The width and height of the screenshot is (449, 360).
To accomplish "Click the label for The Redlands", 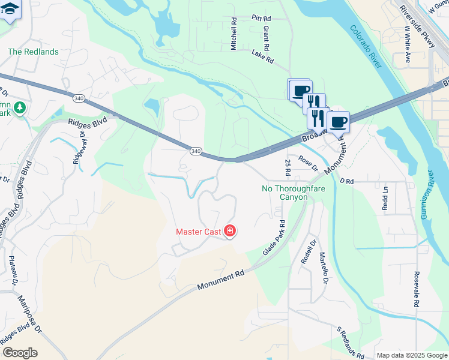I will [x=33, y=52].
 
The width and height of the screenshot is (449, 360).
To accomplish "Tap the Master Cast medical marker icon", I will [x=229, y=231].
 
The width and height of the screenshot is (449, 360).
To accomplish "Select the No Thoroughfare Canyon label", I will [x=285, y=193].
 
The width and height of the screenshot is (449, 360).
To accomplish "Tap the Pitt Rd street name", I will [x=263, y=18].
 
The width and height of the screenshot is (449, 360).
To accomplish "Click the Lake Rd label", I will [x=262, y=56].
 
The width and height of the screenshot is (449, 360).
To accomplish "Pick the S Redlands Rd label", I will [x=349, y=343].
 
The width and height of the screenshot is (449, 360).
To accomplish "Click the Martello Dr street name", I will [x=324, y=268].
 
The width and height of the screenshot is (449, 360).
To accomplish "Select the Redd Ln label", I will [x=385, y=199].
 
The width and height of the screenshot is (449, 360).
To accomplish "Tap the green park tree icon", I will [x=20, y=107].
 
